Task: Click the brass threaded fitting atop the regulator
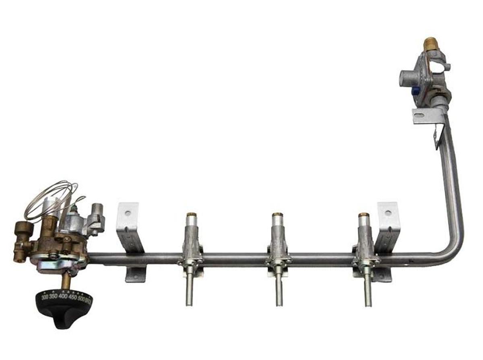[x=430, y=43]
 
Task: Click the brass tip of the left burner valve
[x=192, y=215]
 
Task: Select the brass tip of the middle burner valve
[x=277, y=215]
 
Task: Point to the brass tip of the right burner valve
[x=364, y=215]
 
